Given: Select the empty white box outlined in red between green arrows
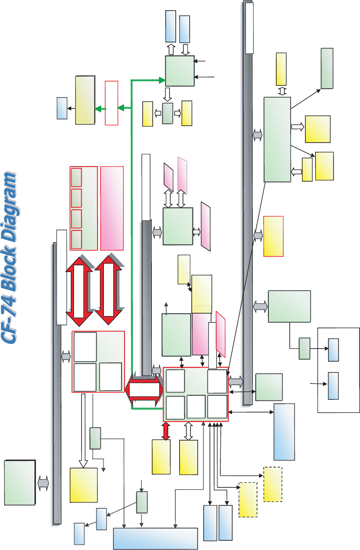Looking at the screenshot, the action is [111, 103].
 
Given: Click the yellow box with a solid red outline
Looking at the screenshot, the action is [273, 236].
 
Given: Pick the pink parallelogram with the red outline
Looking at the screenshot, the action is [221, 332].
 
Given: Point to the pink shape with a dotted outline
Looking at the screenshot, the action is [182, 175].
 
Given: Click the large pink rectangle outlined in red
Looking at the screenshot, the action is [112, 208].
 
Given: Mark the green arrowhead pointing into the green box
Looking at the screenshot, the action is [161, 79].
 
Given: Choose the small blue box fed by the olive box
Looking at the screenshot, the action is [62, 108].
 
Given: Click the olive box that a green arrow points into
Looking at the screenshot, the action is [85, 100].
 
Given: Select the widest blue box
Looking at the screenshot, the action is [156, 539].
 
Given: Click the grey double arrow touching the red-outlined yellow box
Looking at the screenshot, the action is [258, 236].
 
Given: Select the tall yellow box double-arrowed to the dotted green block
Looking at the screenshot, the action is [281, 69].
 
